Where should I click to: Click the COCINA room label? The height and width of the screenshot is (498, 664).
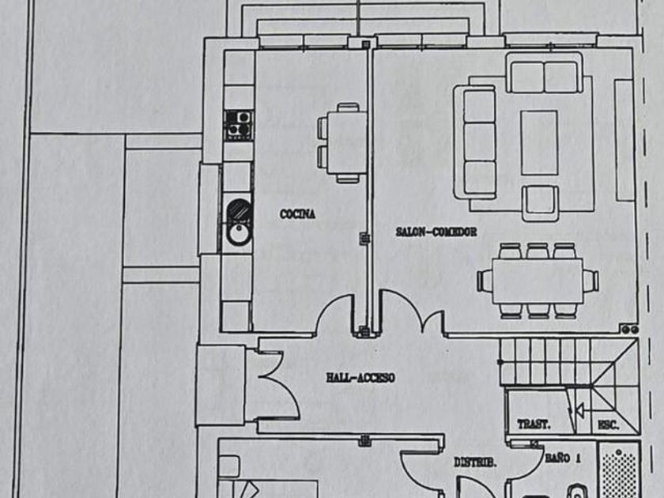click(x=298, y=213)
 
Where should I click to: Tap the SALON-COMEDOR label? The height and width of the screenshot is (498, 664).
click(x=436, y=232)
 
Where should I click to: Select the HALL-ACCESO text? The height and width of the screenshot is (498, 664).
click(x=360, y=379)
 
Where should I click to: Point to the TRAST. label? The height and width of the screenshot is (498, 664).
click(x=534, y=424)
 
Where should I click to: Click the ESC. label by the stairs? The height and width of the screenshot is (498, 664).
click(x=607, y=425)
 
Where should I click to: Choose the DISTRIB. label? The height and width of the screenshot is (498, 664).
click(x=475, y=463)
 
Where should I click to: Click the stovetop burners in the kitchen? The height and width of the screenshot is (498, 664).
click(x=238, y=123)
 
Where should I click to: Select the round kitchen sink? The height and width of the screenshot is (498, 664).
click(x=237, y=233)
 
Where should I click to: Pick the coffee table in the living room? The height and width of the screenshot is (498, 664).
click(x=539, y=142)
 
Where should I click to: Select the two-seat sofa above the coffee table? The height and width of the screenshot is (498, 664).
click(x=545, y=77)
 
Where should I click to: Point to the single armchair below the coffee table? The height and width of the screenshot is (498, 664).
click(x=541, y=202)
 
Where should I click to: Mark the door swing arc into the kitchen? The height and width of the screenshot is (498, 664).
click(x=335, y=312)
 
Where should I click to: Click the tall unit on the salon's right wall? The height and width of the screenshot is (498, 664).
click(x=624, y=138)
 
